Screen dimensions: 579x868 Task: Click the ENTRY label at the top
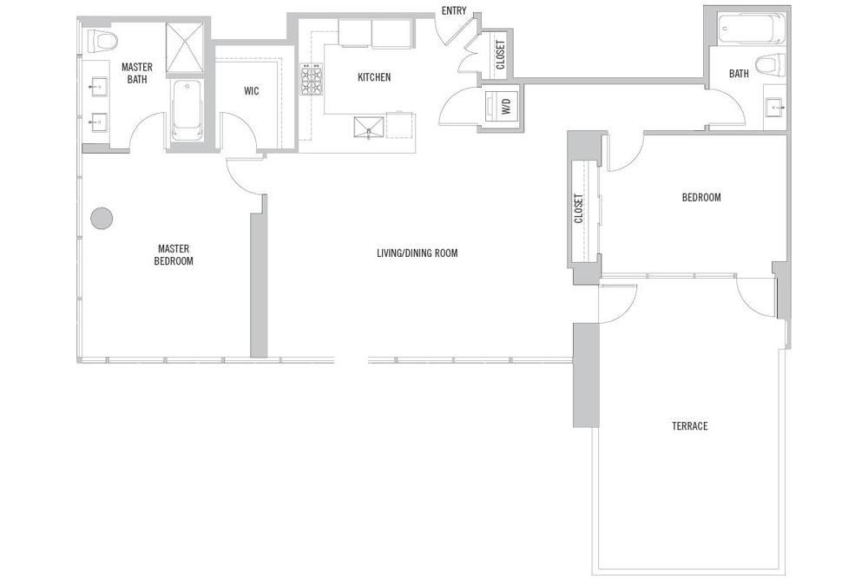tap(454, 10)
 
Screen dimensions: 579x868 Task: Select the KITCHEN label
tap(374, 77)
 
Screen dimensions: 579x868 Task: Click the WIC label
tap(251, 91)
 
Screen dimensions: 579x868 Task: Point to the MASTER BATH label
tap(137, 73)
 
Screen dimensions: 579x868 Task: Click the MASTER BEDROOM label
tap(174, 253)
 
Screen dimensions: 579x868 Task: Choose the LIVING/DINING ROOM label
tap(417, 253)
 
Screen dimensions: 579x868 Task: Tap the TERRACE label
tap(689, 426)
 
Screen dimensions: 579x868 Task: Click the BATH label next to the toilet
tap(739, 74)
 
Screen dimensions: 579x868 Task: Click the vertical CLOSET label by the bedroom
tap(579, 208)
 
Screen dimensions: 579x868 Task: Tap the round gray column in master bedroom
tap(102, 218)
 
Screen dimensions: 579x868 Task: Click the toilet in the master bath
tap(102, 41)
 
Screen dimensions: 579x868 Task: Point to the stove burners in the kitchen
tap(311, 80)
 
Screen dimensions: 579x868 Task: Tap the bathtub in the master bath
tap(187, 110)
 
